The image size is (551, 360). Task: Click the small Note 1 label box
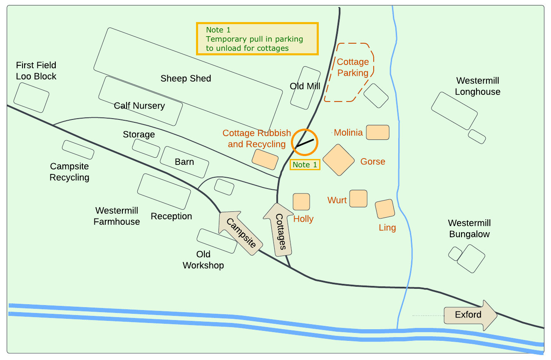click(305, 165)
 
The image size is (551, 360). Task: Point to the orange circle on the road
click(305, 142)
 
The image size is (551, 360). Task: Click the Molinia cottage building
click(377, 132)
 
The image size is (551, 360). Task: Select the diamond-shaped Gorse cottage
click(338, 160)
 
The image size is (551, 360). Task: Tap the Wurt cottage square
click(358, 199)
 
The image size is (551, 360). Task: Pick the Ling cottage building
click(385, 209)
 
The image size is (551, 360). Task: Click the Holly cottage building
click(301, 201)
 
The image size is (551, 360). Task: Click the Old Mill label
click(305, 86)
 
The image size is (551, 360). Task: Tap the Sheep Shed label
click(186, 78)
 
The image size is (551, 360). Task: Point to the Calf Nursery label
click(139, 106)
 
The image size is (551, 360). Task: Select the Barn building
click(184, 162)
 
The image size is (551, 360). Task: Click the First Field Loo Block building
click(31, 97)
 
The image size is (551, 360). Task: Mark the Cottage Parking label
click(353, 67)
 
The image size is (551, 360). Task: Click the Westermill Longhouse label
click(477, 86)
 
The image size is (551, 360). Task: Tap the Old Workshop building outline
click(217, 241)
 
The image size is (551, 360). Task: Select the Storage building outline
click(146, 148)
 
